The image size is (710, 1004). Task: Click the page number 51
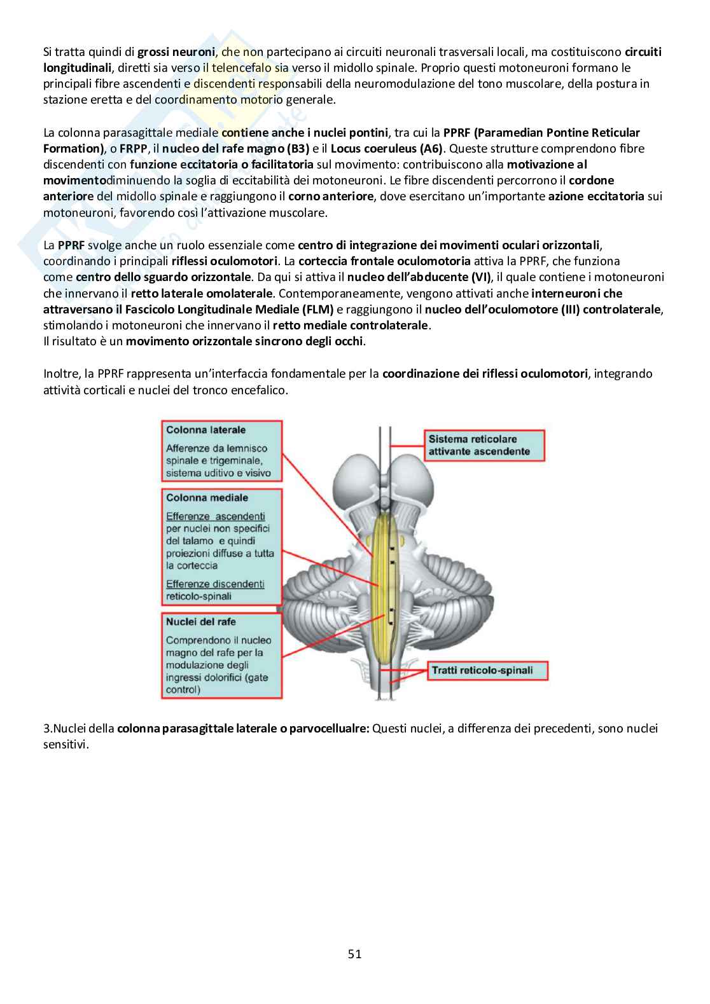click(354, 954)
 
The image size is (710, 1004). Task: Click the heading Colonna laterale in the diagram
click(205, 430)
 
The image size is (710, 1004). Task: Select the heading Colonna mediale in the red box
click(207, 498)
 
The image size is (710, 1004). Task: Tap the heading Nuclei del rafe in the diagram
click(200, 622)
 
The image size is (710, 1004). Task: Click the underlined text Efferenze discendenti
click(215, 584)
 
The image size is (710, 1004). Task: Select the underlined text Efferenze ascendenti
click(215, 516)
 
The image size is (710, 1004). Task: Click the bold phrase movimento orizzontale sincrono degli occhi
click(245, 341)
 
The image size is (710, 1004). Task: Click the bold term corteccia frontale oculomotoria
click(384, 261)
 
